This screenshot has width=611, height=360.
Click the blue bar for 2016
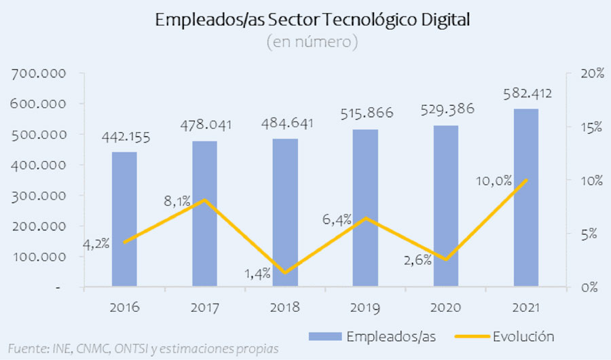124,219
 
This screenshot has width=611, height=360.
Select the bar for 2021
526,197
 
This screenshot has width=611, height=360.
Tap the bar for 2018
285,212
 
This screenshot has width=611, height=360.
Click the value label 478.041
204,125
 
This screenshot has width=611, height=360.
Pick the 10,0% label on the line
494,180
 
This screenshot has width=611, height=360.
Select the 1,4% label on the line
257,273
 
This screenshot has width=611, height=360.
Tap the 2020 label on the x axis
445,308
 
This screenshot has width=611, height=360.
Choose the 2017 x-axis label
204,308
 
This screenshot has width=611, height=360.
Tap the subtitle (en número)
312,43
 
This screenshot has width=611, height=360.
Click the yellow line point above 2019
365,218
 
